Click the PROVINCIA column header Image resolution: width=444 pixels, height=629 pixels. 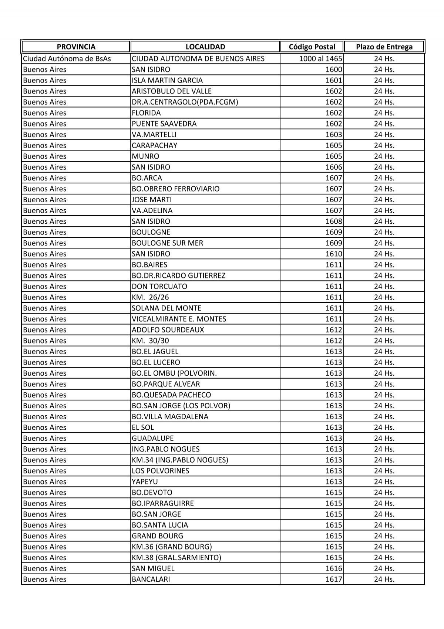(76, 47)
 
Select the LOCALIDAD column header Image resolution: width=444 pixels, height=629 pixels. (205, 47)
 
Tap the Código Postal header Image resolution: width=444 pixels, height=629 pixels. (312, 47)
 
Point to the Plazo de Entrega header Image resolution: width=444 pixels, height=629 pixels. (384, 47)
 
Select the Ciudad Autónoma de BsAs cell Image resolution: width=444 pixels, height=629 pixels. (67, 58)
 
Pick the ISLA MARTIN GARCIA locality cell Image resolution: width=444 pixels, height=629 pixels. (167, 80)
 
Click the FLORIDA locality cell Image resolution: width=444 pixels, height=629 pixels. (146, 113)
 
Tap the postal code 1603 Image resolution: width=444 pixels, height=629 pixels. (334, 135)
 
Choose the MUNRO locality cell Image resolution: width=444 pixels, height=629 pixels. (145, 156)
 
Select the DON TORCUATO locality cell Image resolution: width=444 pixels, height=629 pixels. (159, 286)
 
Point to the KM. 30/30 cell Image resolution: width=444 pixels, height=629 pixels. (150, 341)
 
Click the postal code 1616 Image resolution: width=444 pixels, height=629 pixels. (334, 568)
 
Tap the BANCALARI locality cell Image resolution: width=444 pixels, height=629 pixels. (151, 579)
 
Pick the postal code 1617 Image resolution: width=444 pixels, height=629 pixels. (334, 579)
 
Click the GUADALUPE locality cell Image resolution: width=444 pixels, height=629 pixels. (152, 438)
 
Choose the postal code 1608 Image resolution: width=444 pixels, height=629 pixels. (334, 221)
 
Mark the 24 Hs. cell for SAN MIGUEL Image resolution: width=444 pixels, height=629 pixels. (384, 568)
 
